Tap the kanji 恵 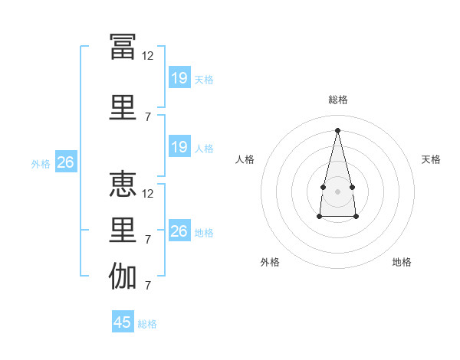[123, 185]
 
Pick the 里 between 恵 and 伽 [123, 231]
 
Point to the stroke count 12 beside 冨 [148, 56]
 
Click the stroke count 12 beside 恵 [148, 193]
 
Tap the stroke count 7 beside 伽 [148, 286]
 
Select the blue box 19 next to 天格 [179, 78]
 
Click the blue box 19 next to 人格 [179, 147]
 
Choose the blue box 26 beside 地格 [179, 231]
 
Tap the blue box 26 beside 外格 [65, 162]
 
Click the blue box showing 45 [123, 322]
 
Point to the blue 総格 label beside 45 [147, 324]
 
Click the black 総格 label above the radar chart [337, 100]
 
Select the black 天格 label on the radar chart [432, 159]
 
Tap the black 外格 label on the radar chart [270, 262]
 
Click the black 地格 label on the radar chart [402, 262]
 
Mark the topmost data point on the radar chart [337, 130]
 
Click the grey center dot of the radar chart [337, 190]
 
